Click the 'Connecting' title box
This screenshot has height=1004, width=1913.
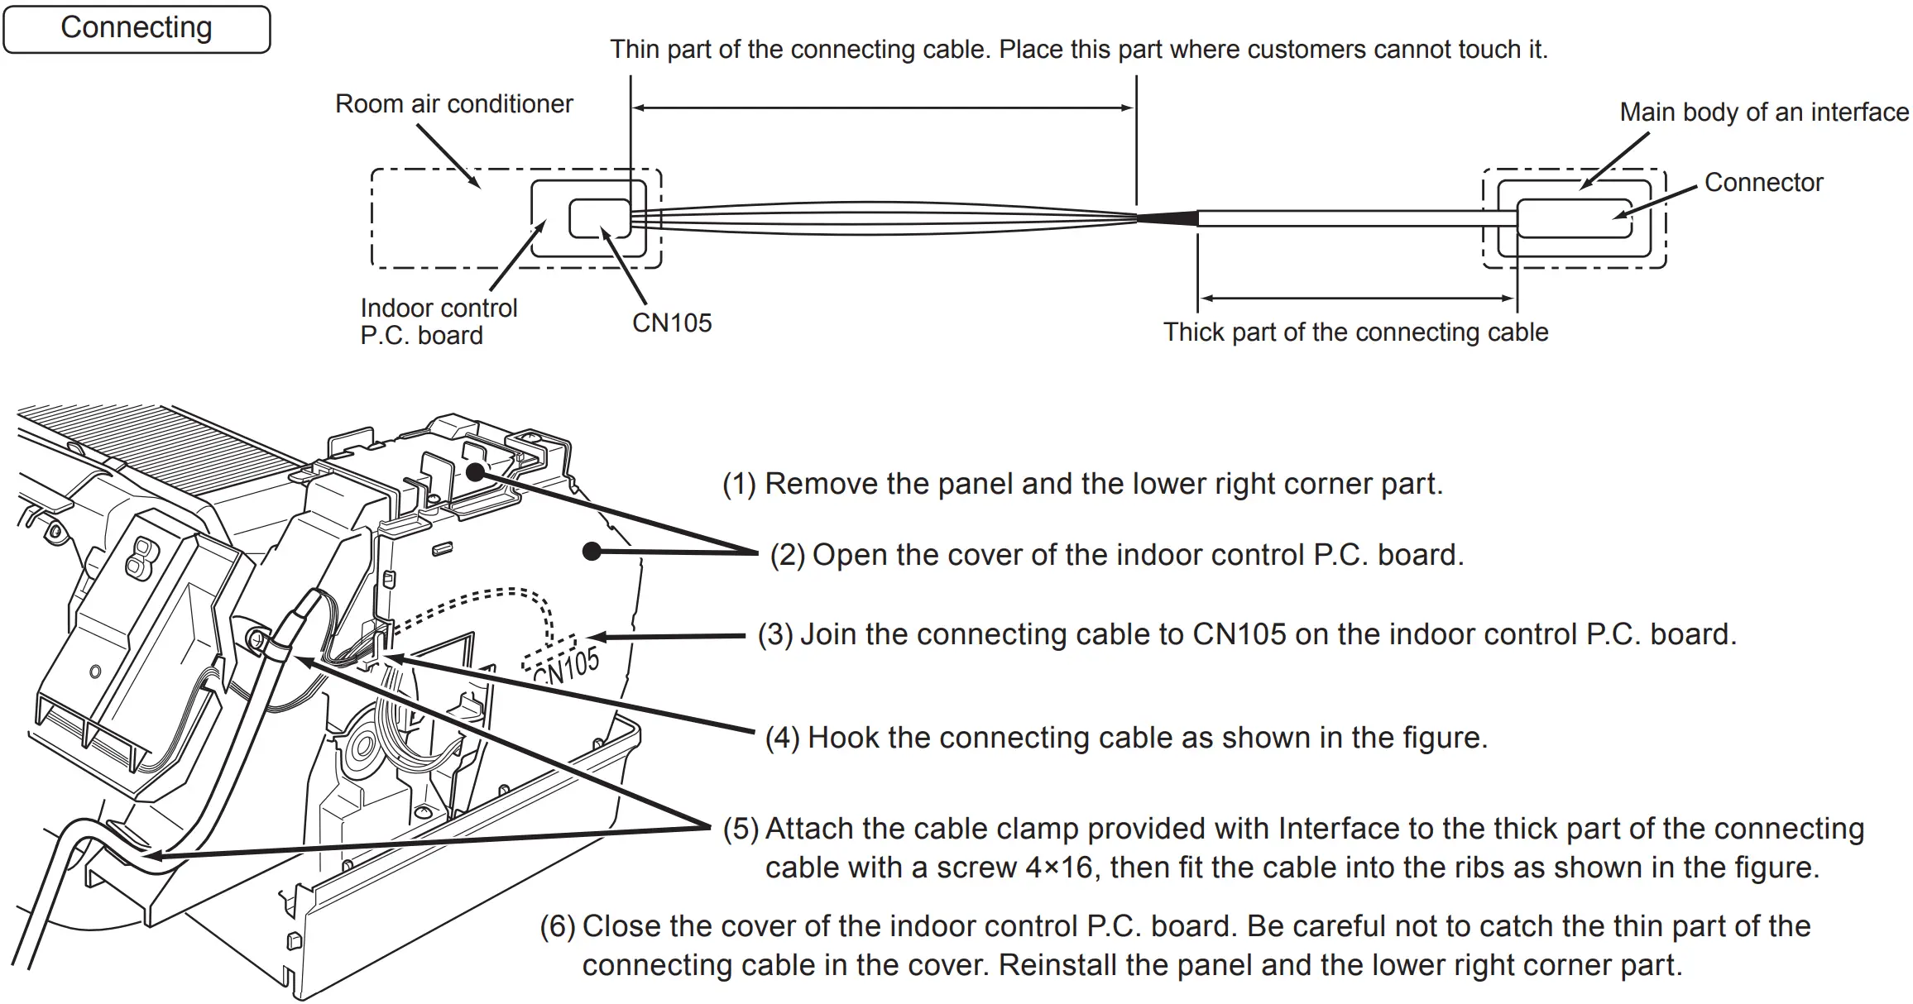[137, 29]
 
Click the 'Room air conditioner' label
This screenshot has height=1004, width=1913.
[453, 104]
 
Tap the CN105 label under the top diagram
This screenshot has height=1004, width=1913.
[671, 323]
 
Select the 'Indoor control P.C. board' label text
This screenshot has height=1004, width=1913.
[438, 322]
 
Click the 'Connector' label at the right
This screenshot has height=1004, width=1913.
[1763, 183]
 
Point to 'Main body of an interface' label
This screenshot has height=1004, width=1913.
[1763, 112]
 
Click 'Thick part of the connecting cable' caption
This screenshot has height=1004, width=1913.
[1355, 332]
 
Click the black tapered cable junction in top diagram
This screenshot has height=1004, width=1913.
[1168, 218]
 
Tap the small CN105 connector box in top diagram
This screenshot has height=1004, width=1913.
[600, 218]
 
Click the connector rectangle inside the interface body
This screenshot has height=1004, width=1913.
[1574, 218]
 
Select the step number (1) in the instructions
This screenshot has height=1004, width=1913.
[739, 485]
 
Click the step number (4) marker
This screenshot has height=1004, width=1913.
[782, 738]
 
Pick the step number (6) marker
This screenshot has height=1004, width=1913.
[557, 927]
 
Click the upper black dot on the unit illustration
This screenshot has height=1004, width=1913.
[475, 472]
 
